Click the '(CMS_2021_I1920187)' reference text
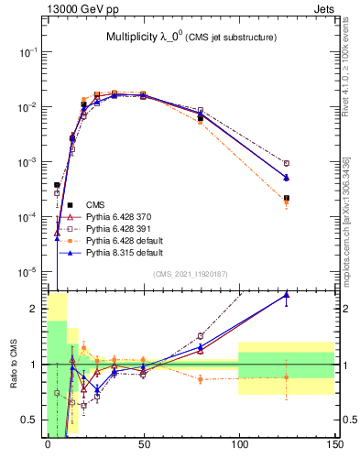pos(191,274)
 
